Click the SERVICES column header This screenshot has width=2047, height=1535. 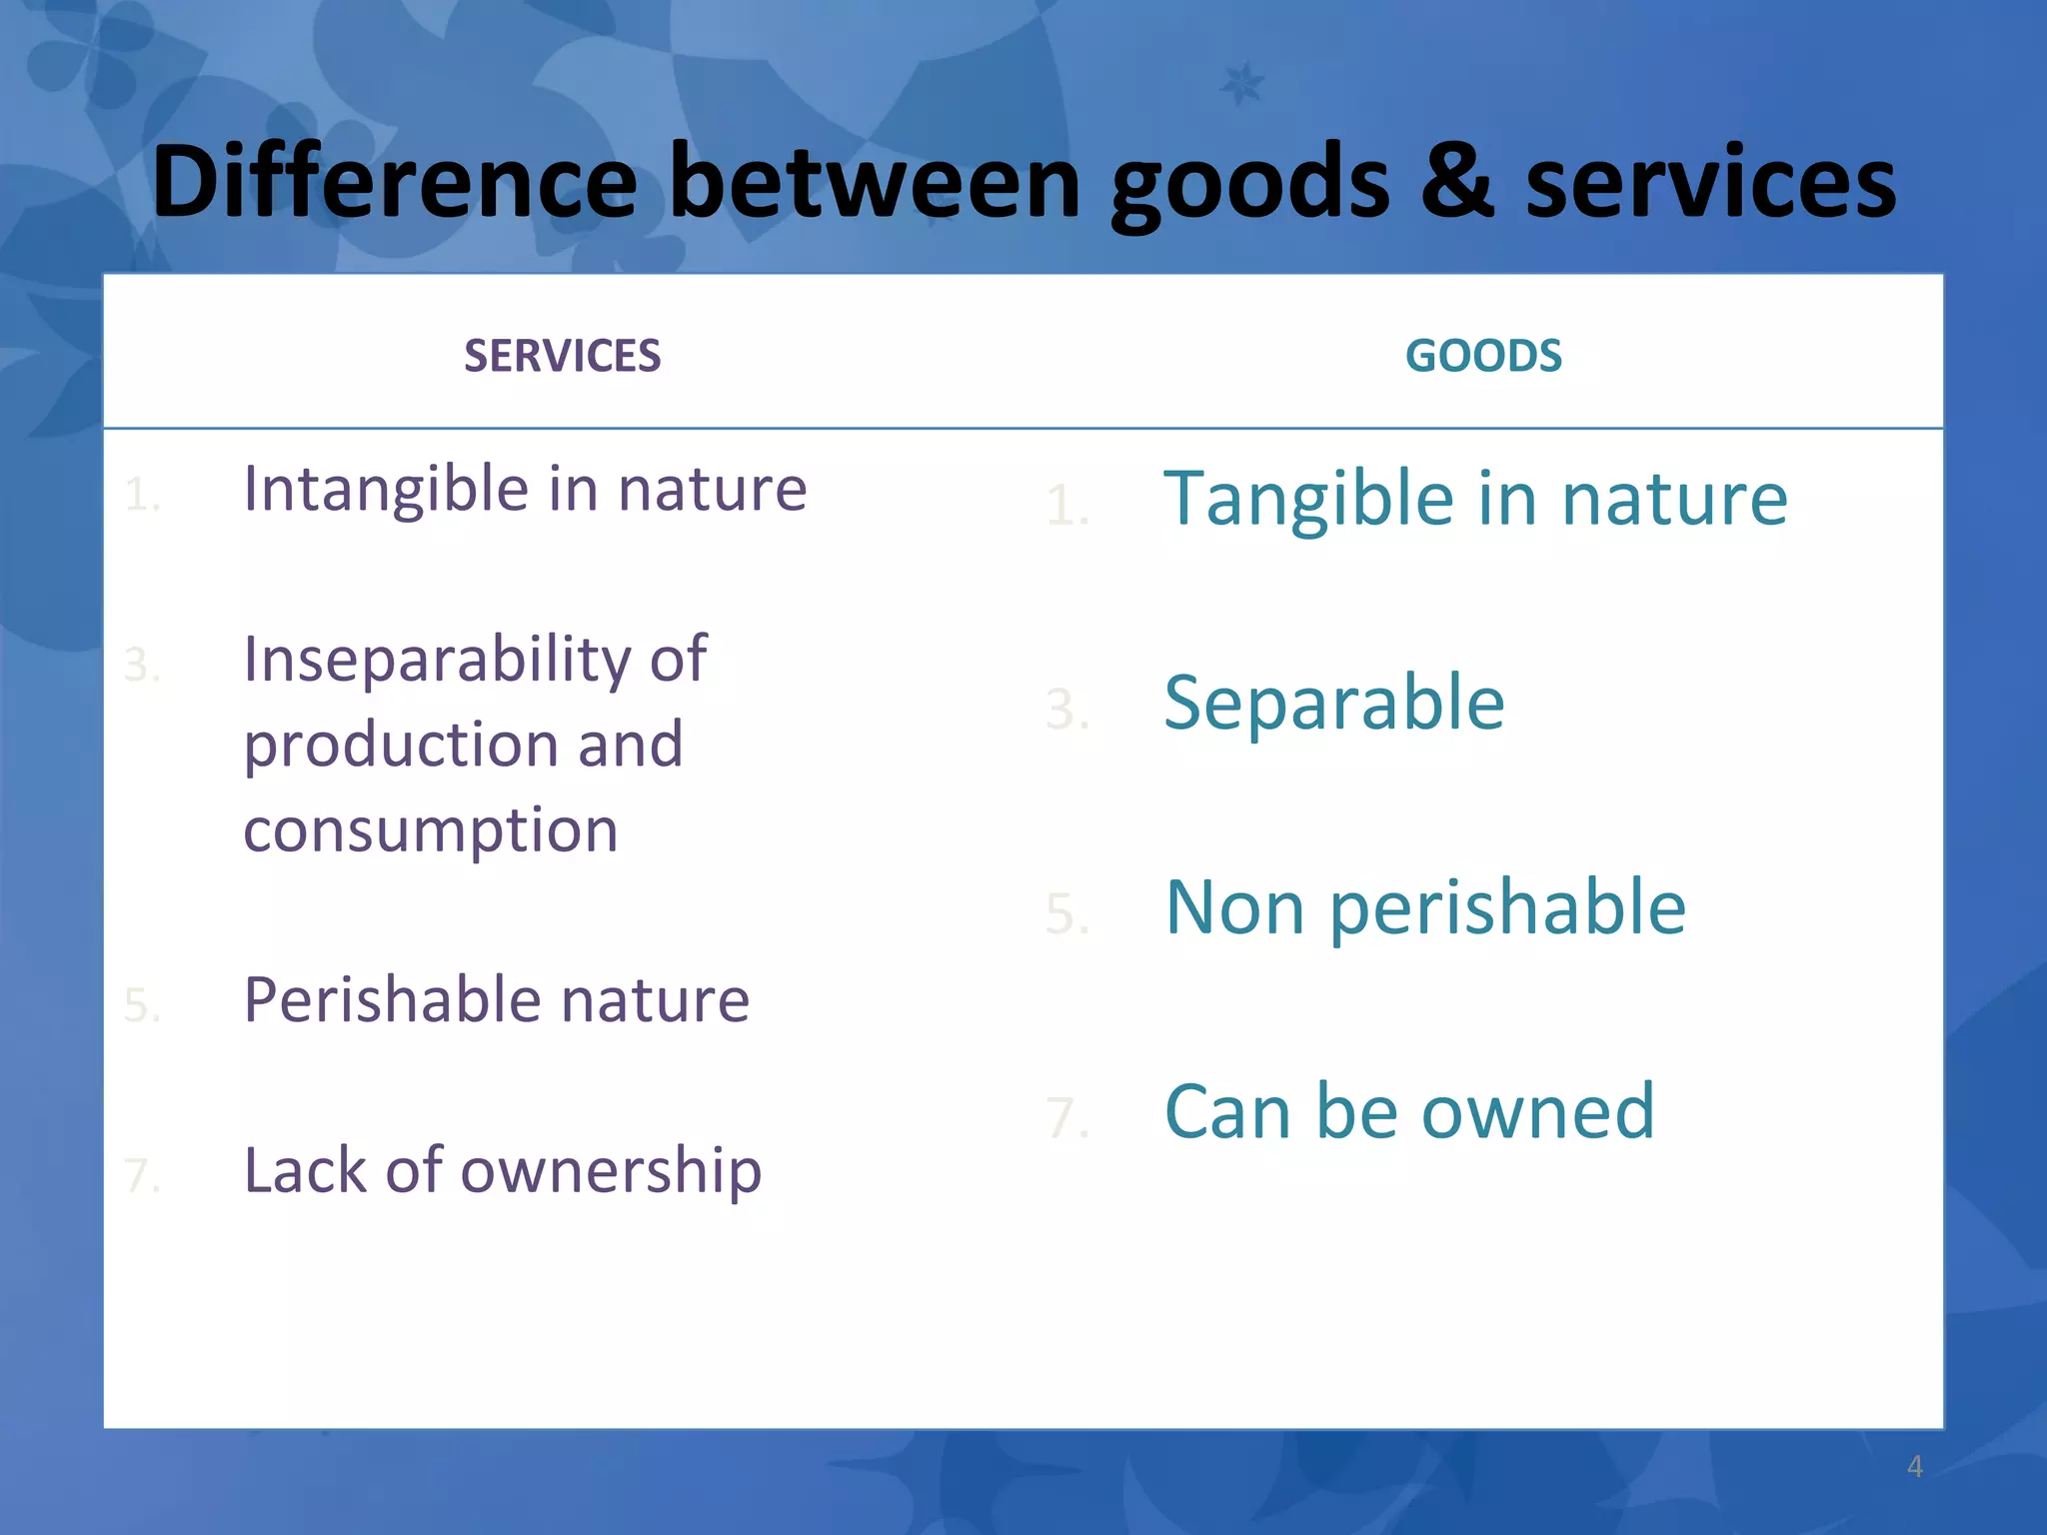pyautogui.click(x=562, y=356)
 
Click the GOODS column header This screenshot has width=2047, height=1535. pyautogui.click(x=1483, y=356)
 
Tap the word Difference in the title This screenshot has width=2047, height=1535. pyautogui.click(x=394, y=182)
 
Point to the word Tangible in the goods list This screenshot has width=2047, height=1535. pyautogui.click(x=1308, y=499)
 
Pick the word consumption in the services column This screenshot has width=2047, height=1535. pyautogui.click(x=431, y=830)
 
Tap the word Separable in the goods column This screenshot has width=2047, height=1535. pyautogui.click(x=1334, y=703)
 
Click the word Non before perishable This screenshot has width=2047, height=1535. pyautogui.click(x=1234, y=907)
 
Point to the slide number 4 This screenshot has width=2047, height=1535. pyautogui.click(x=1914, y=1466)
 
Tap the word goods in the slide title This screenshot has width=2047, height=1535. pyautogui.click(x=1249, y=182)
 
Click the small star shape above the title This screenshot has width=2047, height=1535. pyautogui.click(x=1242, y=84)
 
